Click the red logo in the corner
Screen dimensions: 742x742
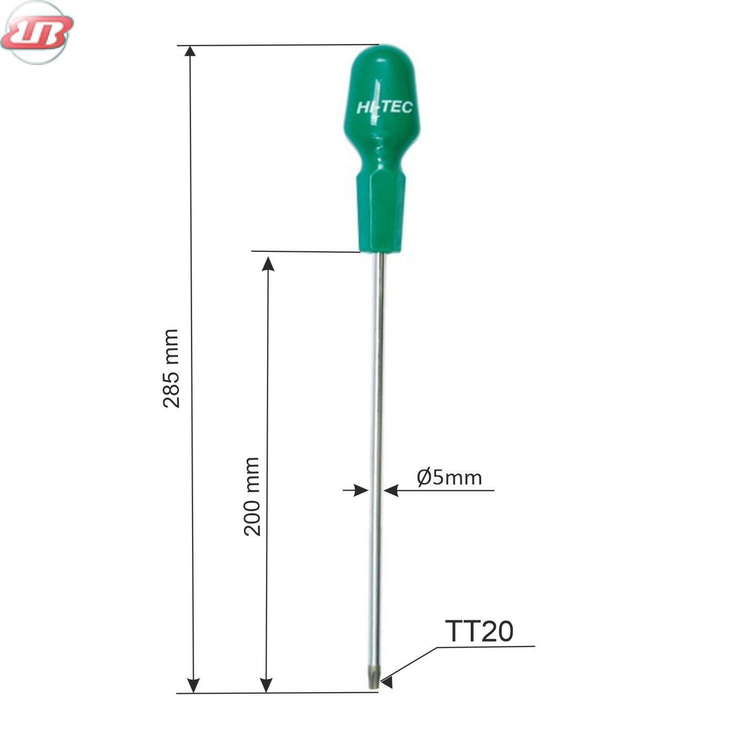37,33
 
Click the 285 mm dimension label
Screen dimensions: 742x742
171,368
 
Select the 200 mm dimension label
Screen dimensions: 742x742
252,497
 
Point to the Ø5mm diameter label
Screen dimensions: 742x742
449,478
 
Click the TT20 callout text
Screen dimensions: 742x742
479,631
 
